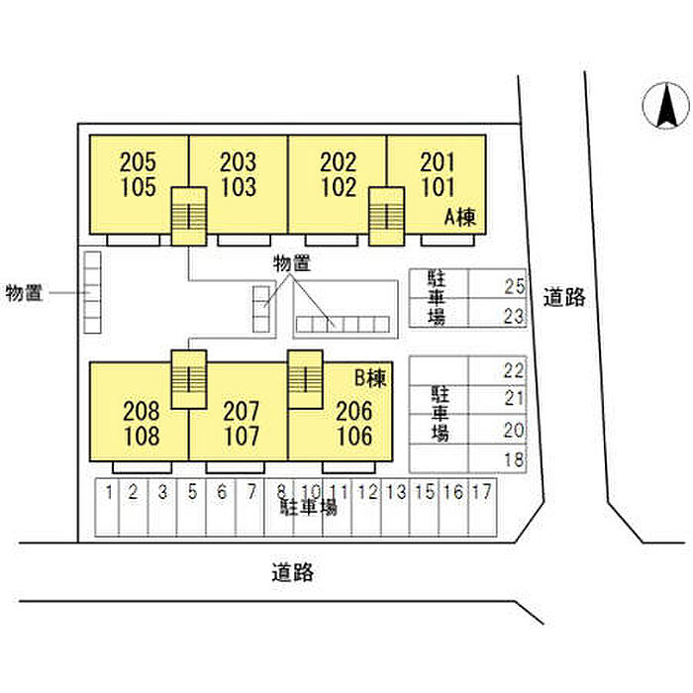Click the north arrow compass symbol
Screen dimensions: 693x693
(x=665, y=106)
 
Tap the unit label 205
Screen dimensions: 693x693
(x=138, y=162)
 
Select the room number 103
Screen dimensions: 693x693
(x=239, y=187)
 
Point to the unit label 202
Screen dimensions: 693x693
(x=339, y=162)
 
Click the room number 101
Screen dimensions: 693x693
(x=438, y=187)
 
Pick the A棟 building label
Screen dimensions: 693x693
(x=460, y=218)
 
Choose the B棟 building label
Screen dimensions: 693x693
(x=371, y=378)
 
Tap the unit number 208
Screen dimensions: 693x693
(x=141, y=411)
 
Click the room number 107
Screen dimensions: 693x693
(x=242, y=436)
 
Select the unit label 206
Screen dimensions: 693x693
(x=354, y=411)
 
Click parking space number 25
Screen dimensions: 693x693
(x=514, y=286)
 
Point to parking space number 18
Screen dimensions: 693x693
(x=514, y=459)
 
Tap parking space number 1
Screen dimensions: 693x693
(x=109, y=492)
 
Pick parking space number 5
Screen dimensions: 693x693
(x=192, y=492)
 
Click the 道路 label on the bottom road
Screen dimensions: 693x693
(x=293, y=572)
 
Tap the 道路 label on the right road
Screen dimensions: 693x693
(x=564, y=297)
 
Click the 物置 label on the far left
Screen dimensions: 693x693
(x=24, y=293)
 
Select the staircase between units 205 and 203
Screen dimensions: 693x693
(x=189, y=216)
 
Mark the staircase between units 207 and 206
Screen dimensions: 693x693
(x=305, y=379)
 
